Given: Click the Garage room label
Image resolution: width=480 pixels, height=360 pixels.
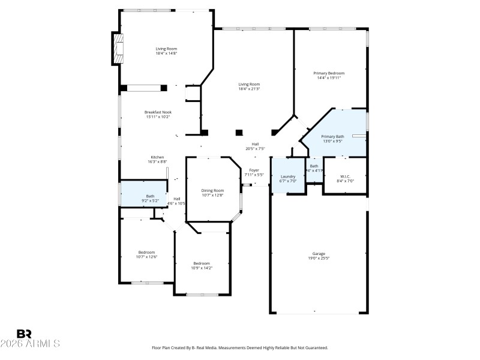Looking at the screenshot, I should [x=318, y=253].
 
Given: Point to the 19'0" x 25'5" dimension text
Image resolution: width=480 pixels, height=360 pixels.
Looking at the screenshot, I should [x=318, y=258].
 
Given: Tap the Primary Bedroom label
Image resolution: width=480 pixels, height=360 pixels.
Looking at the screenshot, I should [x=329, y=73].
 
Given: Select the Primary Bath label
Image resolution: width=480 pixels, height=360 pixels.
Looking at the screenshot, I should [x=332, y=136].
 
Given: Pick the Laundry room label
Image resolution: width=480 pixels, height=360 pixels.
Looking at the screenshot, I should [x=288, y=176].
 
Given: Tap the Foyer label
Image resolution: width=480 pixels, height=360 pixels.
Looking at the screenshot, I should [x=254, y=170].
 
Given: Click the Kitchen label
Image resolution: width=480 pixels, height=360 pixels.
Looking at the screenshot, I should [x=157, y=157].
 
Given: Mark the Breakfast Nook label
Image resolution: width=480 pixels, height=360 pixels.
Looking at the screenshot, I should [x=158, y=112].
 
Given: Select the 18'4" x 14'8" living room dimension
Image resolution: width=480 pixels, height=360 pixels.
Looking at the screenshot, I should [x=166, y=53].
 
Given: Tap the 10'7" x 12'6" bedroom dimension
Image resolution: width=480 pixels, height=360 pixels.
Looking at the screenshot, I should [x=146, y=257].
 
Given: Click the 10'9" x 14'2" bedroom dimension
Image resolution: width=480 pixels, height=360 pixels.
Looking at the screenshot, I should [x=202, y=268].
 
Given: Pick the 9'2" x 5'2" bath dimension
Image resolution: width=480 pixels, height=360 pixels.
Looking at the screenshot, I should [x=150, y=200].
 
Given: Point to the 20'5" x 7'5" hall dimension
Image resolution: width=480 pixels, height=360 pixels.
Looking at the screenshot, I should [x=255, y=148].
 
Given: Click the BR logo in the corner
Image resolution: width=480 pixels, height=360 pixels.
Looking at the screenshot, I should [x=24, y=334].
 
